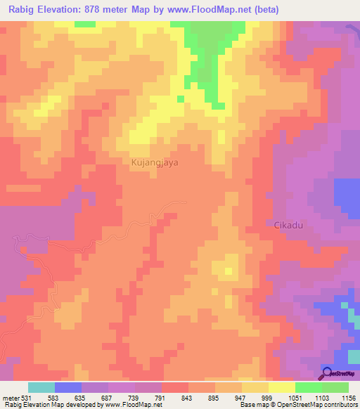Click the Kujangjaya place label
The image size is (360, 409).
(x=155, y=162)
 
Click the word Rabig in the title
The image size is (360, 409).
(x=23, y=10)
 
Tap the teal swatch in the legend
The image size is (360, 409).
(x=41, y=387)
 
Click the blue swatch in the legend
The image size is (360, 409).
(x=68, y=387)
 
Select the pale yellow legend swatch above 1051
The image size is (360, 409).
(x=281, y=387)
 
